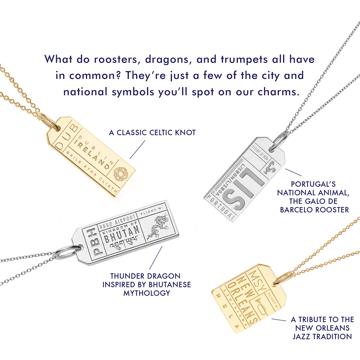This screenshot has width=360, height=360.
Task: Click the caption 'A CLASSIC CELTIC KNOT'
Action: click(x=152, y=133)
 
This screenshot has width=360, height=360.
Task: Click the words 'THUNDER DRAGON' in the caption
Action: click(x=145, y=276)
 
